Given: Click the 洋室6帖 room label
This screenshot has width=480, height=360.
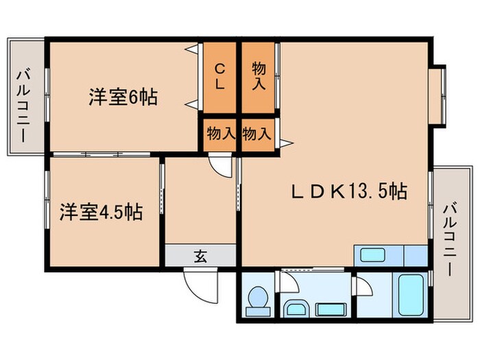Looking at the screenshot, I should (123, 98).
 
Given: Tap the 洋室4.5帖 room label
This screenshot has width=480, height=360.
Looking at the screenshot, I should (100, 211).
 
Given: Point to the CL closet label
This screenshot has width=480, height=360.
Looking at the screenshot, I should (219, 76).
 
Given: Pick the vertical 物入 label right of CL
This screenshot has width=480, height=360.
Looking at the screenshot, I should (259, 76).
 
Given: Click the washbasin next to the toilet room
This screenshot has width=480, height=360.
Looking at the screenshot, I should (296, 309).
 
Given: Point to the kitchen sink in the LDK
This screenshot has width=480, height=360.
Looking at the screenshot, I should (374, 256).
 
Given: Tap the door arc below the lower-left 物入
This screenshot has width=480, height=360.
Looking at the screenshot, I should (221, 166).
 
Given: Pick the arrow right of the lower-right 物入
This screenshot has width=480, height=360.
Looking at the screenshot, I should (285, 143).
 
